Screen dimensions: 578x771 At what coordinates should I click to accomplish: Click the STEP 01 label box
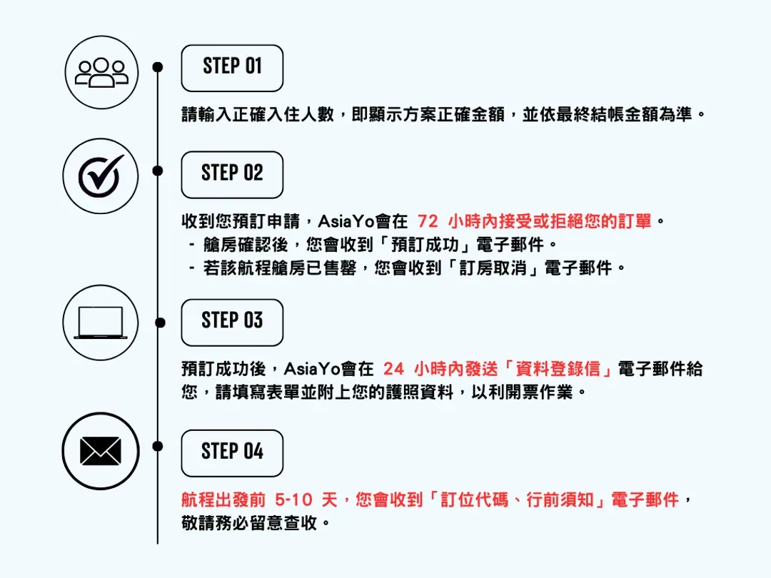pyautogui.click(x=232, y=68)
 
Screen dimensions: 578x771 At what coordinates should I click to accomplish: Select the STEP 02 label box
pyautogui.click(x=232, y=174)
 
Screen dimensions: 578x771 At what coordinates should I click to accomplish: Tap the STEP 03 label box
pyautogui.click(x=232, y=322)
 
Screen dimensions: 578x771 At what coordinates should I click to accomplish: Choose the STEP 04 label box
pyautogui.click(x=232, y=452)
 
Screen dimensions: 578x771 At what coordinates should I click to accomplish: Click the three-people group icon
pyautogui.click(x=101, y=72)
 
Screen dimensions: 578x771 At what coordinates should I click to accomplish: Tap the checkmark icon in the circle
pyautogui.click(x=101, y=176)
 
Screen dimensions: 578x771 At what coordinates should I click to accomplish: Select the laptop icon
pyautogui.click(x=101, y=323)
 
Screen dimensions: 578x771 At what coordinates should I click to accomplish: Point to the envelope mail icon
pyautogui.click(x=101, y=451)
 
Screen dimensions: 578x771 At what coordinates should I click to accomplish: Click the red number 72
pyautogui.click(x=428, y=222)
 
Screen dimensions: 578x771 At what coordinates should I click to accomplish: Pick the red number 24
pyautogui.click(x=393, y=369)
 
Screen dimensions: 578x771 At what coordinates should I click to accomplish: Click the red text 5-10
pyautogui.click(x=293, y=500)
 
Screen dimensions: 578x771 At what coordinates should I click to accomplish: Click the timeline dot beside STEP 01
pyautogui.click(x=158, y=67)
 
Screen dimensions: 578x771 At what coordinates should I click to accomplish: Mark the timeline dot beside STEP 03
pyautogui.click(x=158, y=322)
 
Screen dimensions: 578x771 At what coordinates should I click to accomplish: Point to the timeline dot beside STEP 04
pyautogui.click(x=158, y=446)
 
